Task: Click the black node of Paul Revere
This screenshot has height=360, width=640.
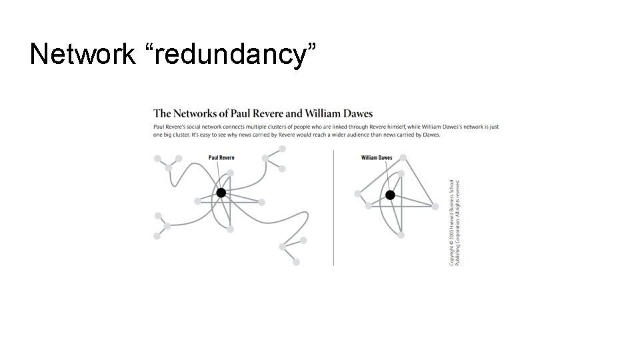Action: [x=221, y=193]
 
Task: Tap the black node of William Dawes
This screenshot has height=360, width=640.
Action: [x=390, y=195]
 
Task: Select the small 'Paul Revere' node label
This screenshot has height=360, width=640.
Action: [x=221, y=158]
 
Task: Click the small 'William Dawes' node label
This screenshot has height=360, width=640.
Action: [x=377, y=158]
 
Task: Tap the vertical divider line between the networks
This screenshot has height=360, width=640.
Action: [x=333, y=207]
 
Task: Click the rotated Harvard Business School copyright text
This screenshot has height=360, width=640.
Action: [x=455, y=221]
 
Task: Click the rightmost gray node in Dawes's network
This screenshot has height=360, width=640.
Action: [x=435, y=207]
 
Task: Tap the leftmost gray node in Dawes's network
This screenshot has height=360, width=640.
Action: [x=358, y=193]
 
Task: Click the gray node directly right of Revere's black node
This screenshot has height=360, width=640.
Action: [x=262, y=201]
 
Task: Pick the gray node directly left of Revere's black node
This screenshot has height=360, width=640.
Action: [x=197, y=201]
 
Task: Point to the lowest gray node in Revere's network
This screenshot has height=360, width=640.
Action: [x=296, y=262]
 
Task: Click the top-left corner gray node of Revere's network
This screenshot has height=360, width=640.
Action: [x=157, y=159]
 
